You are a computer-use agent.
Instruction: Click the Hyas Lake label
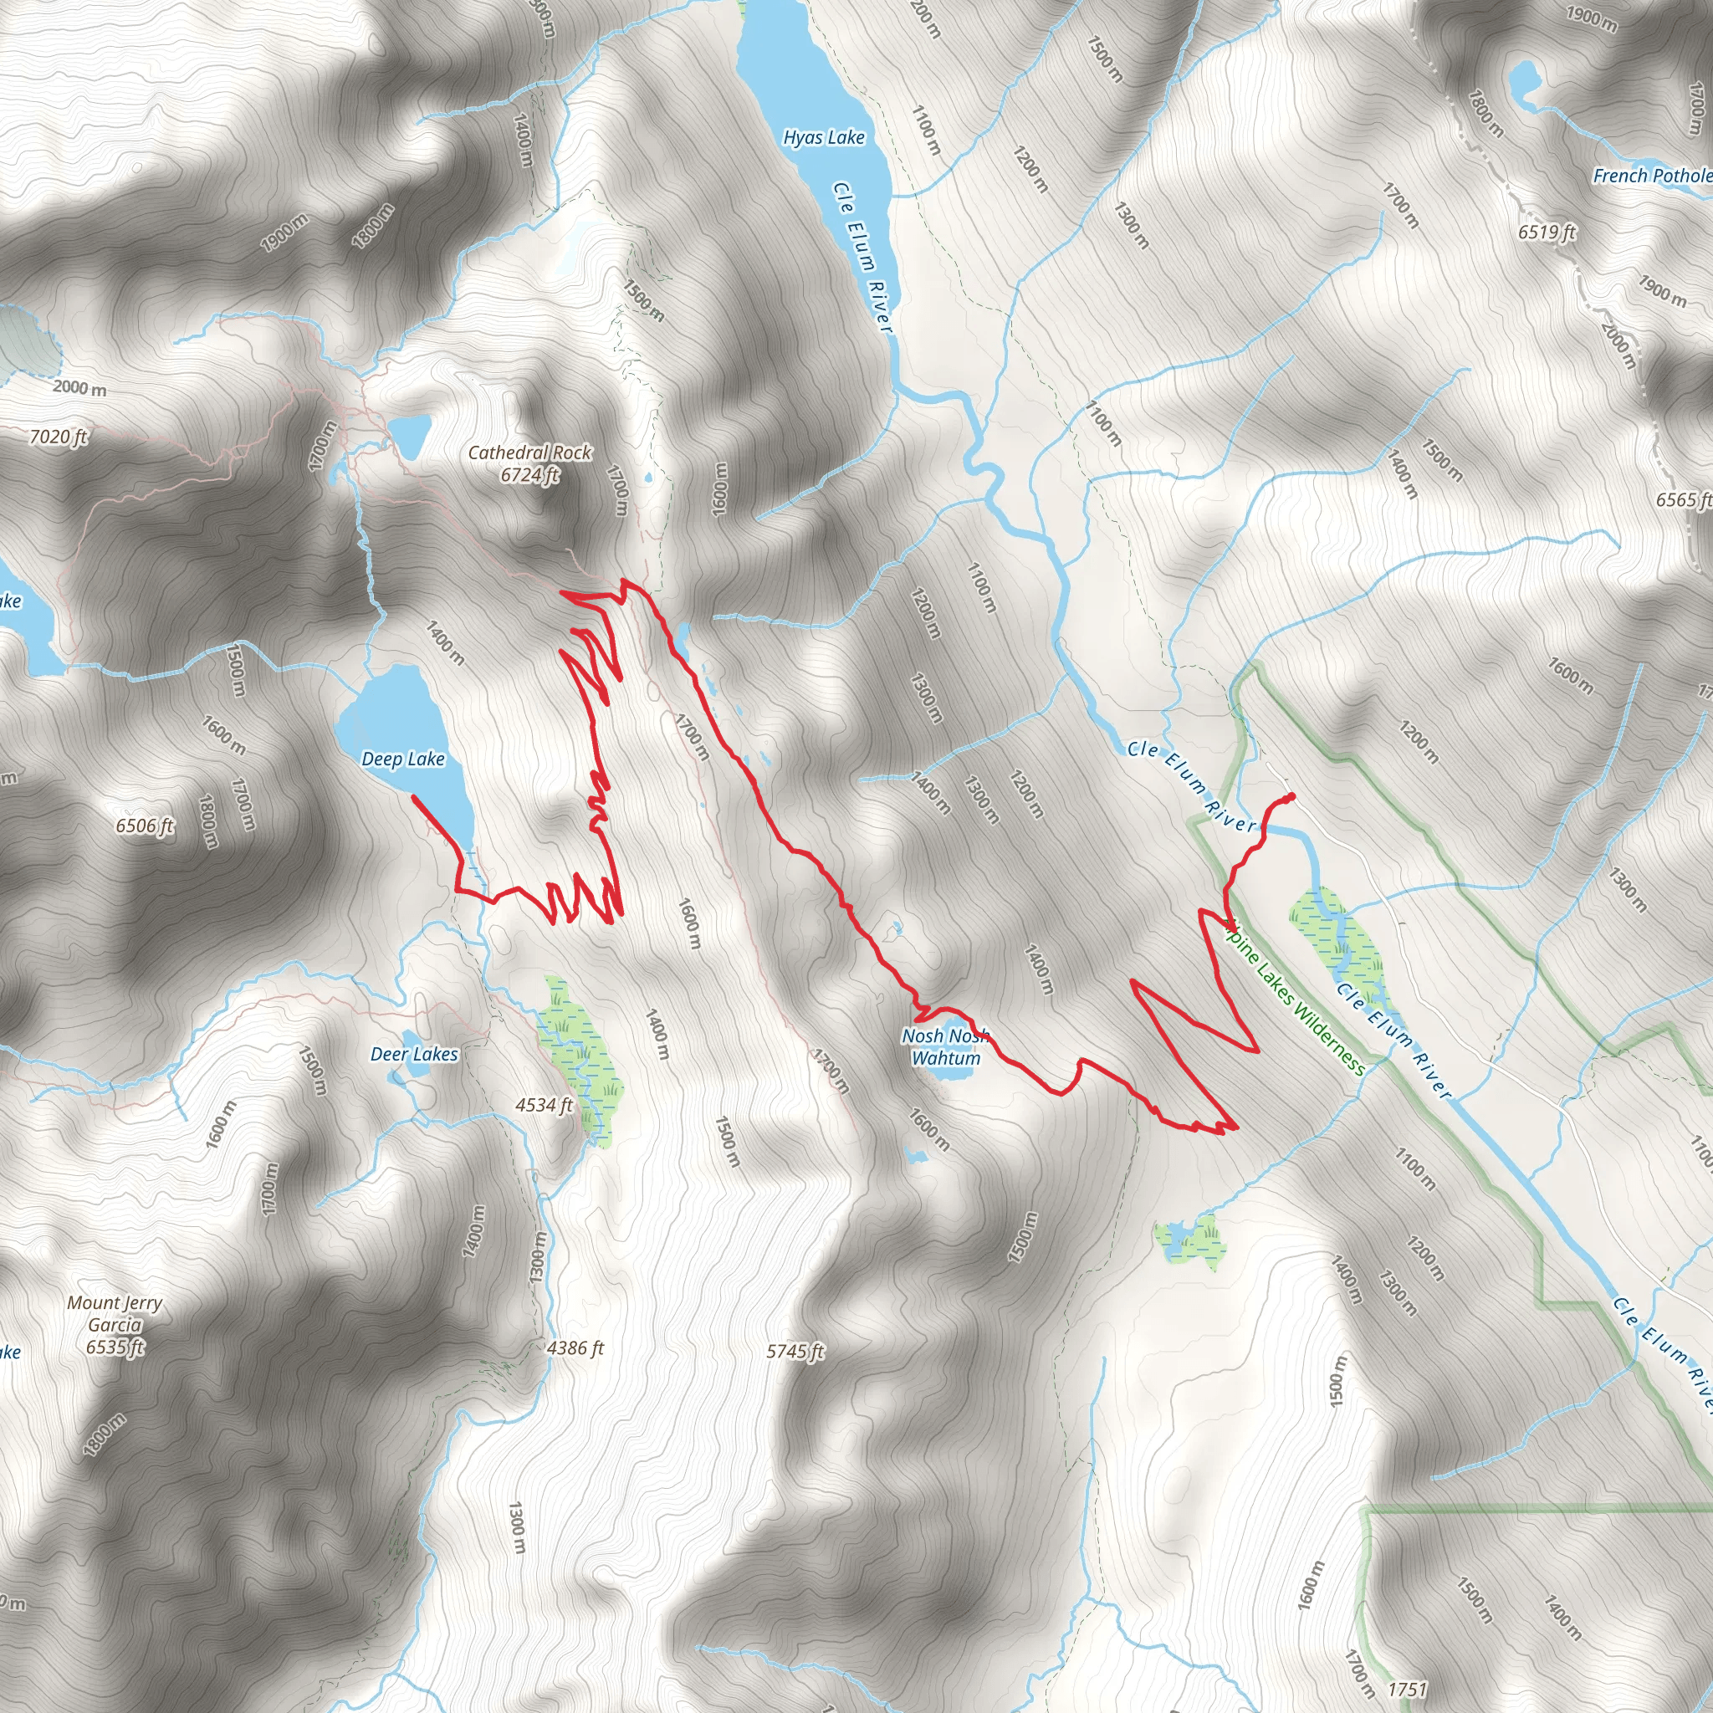point(823,137)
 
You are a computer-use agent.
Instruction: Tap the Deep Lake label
point(402,759)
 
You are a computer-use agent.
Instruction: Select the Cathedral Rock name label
point(529,453)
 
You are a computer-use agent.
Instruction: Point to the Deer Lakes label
point(414,1054)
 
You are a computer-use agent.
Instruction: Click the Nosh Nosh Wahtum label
point(945,1046)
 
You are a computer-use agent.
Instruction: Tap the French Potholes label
point(1652,176)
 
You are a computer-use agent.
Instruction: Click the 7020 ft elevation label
point(59,437)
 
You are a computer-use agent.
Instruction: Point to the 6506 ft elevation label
point(145,826)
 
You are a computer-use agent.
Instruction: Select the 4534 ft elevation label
point(544,1105)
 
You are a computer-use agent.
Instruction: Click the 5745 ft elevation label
point(795,1352)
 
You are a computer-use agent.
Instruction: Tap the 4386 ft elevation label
point(575,1347)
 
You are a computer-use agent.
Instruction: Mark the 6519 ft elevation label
point(1547,232)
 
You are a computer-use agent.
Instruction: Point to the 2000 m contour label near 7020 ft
point(79,387)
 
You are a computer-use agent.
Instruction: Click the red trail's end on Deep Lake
point(414,797)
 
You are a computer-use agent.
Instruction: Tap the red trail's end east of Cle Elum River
point(1291,795)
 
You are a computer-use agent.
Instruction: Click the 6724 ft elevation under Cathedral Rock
point(529,475)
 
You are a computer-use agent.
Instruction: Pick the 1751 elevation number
point(1407,1689)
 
